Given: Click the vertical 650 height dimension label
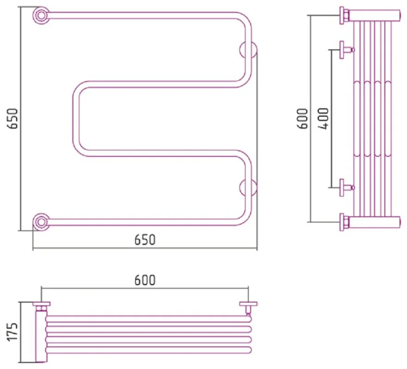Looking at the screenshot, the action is tap(12, 118).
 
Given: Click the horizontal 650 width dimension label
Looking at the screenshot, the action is tap(145, 240).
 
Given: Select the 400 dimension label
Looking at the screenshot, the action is tap(324, 118).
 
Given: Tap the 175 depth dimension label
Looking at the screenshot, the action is tap(12, 332).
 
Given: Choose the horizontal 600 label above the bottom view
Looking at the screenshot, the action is tap(145, 280).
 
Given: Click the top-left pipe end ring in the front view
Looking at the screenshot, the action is tap(41, 15).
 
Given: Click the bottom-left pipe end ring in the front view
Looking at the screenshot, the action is tap(41, 222).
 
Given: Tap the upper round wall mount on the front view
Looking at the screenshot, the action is tap(248, 50).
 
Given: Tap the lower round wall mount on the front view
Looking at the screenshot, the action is tap(248, 187).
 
